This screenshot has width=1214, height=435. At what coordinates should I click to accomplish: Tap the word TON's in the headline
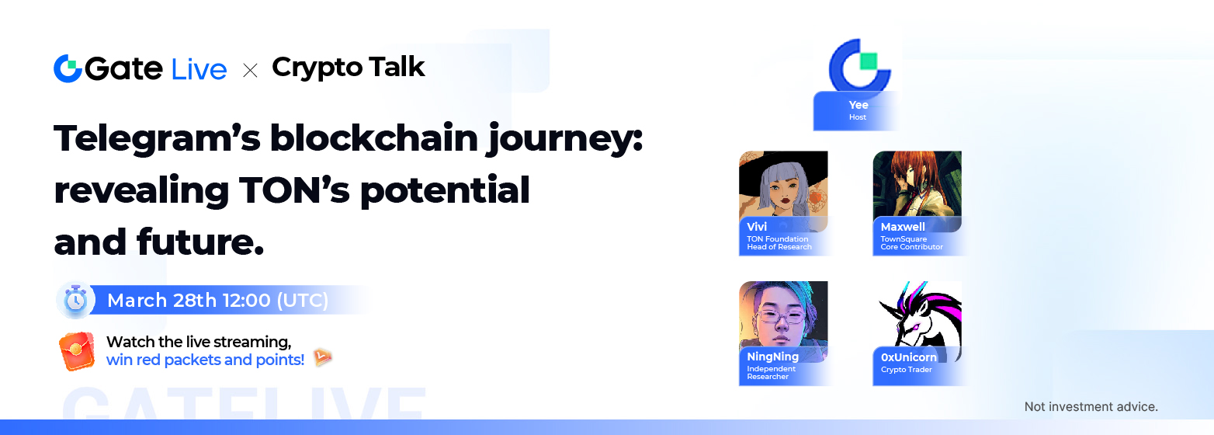point(294,190)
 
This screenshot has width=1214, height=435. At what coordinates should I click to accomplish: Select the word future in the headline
point(200,242)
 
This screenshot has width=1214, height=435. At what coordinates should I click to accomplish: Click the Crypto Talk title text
point(349,68)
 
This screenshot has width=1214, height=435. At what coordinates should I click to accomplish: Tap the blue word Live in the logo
point(199,70)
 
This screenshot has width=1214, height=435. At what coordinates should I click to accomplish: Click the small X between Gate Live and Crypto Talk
point(250,71)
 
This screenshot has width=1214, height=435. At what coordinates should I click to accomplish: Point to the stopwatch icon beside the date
point(76,299)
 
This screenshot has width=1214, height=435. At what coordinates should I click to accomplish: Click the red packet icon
point(77,351)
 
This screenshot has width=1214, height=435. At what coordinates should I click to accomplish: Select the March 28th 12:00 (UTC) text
point(217,300)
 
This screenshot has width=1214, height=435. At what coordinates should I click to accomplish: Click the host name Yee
point(858,105)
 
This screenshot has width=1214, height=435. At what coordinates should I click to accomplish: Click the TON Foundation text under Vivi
point(777,238)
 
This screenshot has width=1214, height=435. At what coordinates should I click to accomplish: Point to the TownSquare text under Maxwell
point(904,238)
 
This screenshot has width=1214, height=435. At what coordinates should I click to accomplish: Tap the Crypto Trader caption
point(906,370)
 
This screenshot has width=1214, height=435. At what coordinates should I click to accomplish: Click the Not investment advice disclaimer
point(1091,407)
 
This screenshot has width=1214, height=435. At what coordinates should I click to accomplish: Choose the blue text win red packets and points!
point(206,360)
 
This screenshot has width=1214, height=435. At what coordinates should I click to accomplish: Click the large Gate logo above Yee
point(859,65)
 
